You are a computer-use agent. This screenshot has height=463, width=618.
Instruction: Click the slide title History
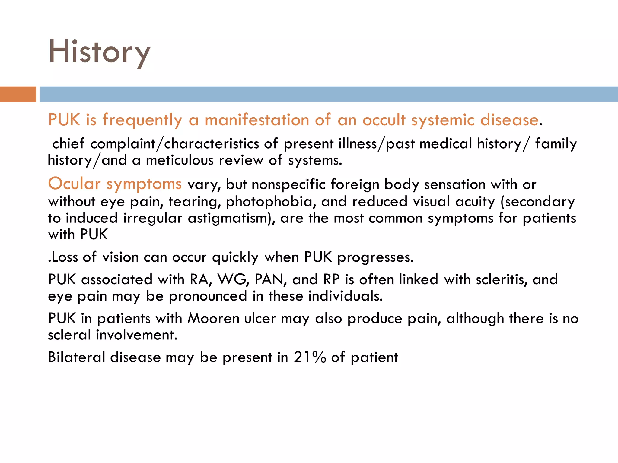click(x=99, y=52)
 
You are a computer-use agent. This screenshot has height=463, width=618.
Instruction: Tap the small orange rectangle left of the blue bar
click(x=18, y=94)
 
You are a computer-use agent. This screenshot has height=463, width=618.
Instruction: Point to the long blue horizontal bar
click(x=329, y=94)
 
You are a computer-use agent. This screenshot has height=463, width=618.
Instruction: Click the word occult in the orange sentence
click(x=384, y=120)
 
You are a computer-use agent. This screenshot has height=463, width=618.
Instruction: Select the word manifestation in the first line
click(x=257, y=120)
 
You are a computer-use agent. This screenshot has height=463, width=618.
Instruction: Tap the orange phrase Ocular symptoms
click(x=115, y=184)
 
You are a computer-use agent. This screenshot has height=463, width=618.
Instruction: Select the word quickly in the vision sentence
click(x=235, y=257)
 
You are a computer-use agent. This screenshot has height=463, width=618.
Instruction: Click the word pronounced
click(x=208, y=296)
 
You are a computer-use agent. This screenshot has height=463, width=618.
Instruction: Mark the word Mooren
click(x=213, y=319)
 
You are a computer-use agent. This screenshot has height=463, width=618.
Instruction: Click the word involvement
click(x=137, y=335)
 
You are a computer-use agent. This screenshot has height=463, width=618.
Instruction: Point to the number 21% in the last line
click(x=310, y=357)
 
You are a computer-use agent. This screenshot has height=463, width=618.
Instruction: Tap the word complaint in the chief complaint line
click(x=123, y=144)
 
